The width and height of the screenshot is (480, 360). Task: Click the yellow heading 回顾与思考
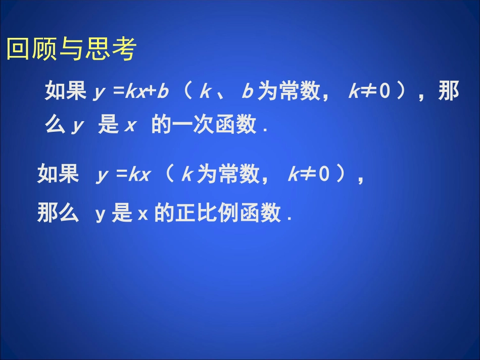(71, 49)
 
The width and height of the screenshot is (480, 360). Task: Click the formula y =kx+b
(131, 92)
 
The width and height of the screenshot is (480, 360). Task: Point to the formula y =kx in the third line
(123, 175)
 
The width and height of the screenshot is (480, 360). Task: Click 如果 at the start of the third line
(58, 175)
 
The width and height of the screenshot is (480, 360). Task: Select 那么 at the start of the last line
(58, 214)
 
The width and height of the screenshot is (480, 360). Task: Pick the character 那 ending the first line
(448, 92)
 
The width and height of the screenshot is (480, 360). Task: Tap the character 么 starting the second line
(55, 126)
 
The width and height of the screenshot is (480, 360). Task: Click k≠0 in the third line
(309, 175)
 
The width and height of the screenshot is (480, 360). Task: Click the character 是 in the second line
(108, 126)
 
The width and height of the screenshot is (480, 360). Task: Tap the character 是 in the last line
(122, 214)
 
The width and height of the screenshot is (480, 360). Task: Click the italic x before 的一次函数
(130, 126)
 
